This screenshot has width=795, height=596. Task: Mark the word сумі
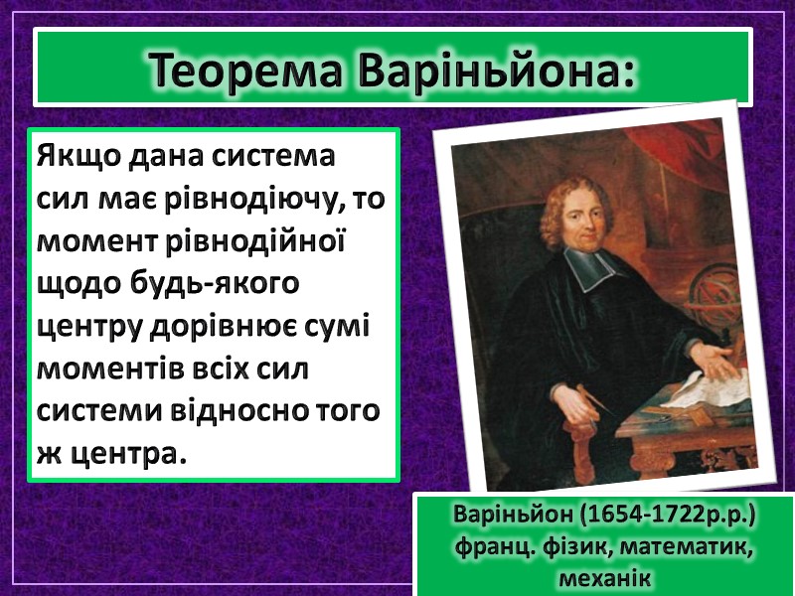tap(339, 327)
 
